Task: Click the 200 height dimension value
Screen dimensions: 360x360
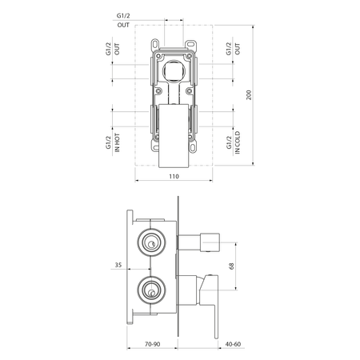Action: pyautogui.click(x=249, y=95)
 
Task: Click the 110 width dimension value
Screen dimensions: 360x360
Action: pyautogui.click(x=174, y=176)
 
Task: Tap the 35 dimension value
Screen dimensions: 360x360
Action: pyautogui.click(x=118, y=265)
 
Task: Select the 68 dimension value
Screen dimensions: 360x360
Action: pyautogui.click(x=231, y=266)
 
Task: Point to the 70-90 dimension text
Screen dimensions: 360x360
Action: pyautogui.click(x=153, y=344)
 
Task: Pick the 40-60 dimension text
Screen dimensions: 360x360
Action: pyautogui.click(x=233, y=344)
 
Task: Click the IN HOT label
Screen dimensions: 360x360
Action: pyautogui.click(x=117, y=142)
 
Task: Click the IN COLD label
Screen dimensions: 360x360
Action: pyautogui.click(x=238, y=142)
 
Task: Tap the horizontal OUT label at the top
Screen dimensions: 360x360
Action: pyautogui.click(x=123, y=25)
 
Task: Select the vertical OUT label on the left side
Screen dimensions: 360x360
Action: pyautogui.click(x=117, y=49)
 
